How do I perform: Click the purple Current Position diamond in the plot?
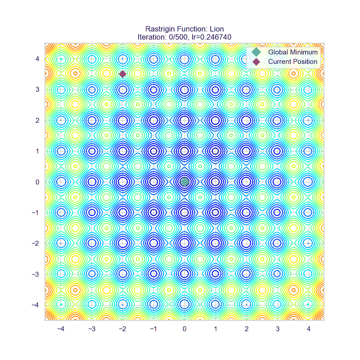(122, 74)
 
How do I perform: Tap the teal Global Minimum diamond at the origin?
(184, 182)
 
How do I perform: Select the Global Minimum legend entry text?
(292, 52)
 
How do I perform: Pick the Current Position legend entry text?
(292, 62)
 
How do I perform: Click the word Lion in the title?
(216, 29)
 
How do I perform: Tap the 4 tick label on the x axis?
(308, 328)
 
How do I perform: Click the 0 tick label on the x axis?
(184, 328)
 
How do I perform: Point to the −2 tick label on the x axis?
(121, 328)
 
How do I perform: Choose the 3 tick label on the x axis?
(277, 328)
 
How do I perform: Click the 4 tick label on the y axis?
(38, 58)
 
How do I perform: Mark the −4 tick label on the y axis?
(36, 305)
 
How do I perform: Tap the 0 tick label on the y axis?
(38, 182)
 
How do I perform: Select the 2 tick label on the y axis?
(38, 120)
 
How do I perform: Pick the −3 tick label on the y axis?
(36, 274)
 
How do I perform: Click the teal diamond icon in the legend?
(256, 52)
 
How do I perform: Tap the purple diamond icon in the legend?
(256, 62)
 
